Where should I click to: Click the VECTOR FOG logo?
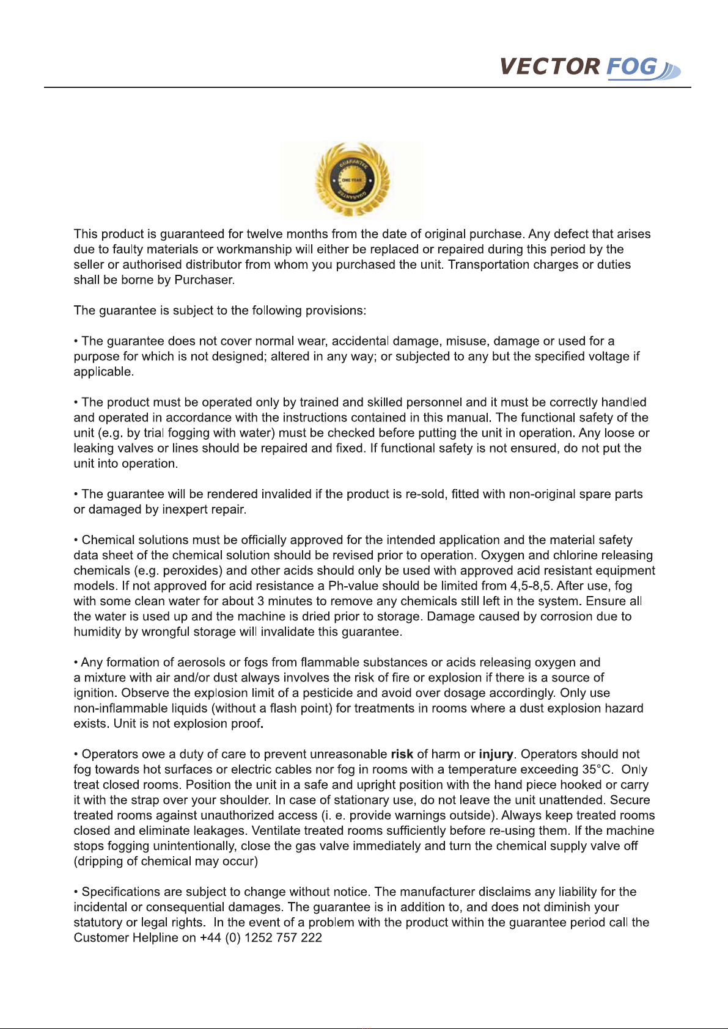pos(589,67)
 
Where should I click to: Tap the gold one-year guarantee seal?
pos(352,180)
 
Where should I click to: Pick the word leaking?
pos(94,448)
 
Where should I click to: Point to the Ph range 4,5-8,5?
pos(531,586)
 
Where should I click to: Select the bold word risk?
pos(402,755)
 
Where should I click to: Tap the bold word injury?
pos(496,755)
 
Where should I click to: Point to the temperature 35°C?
pos(597,770)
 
